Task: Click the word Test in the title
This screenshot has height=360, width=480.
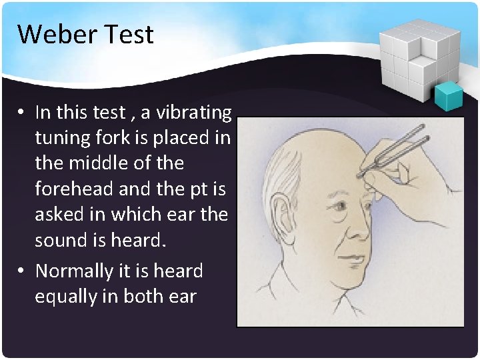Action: [132, 34]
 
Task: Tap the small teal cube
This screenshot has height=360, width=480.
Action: [448, 96]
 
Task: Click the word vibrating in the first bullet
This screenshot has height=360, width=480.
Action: [194, 112]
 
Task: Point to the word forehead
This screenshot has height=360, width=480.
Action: [73, 189]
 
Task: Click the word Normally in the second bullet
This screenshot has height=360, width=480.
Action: [74, 271]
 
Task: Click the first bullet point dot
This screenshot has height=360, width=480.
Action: [21, 113]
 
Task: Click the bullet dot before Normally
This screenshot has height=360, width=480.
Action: [21, 271]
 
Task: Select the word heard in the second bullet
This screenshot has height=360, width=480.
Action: [178, 271]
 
